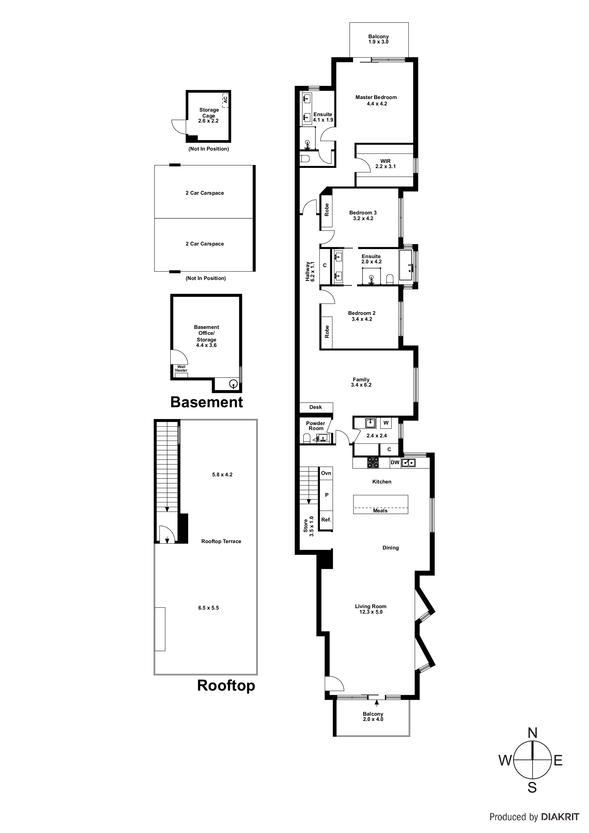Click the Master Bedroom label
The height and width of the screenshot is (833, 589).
[x=376, y=97]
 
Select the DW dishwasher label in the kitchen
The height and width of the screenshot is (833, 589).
[x=395, y=462]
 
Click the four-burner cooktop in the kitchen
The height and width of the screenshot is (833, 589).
[x=373, y=462]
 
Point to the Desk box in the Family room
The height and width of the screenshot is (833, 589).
[x=315, y=407]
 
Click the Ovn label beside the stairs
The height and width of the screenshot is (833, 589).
[x=326, y=473]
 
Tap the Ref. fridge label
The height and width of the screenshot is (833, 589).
[x=326, y=520]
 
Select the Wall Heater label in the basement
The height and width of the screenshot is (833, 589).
[x=181, y=369]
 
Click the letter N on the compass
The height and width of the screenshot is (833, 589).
[x=532, y=733]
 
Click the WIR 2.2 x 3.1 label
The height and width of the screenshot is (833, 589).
[x=385, y=164]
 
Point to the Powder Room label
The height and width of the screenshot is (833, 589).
[x=315, y=426]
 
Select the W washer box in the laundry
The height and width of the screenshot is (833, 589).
[x=386, y=423]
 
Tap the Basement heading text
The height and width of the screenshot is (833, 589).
[x=206, y=402]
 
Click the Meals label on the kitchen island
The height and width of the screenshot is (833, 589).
[x=380, y=511]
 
